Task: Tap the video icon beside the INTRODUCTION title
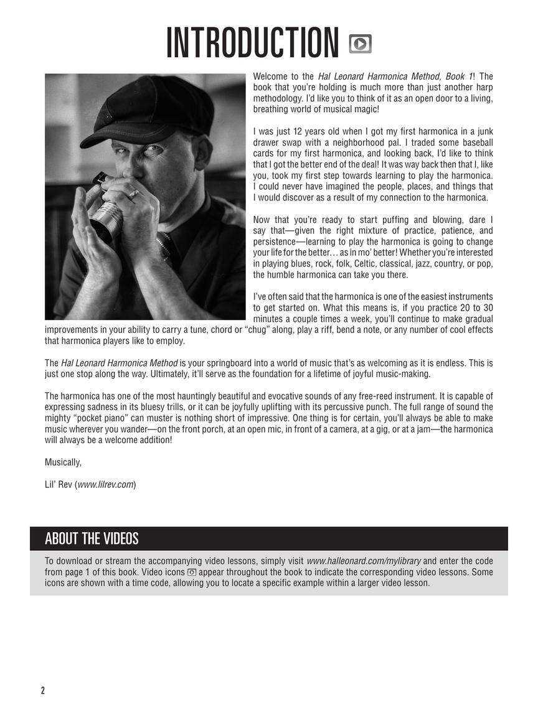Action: click(360, 44)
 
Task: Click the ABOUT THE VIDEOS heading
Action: click(92, 538)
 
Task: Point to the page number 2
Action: click(43, 690)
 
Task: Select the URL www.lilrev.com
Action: click(106, 484)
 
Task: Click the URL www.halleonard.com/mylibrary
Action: click(364, 560)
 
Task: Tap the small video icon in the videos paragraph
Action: click(192, 572)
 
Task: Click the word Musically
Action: click(63, 462)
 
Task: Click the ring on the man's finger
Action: click(133, 194)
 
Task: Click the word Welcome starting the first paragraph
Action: click(270, 77)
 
